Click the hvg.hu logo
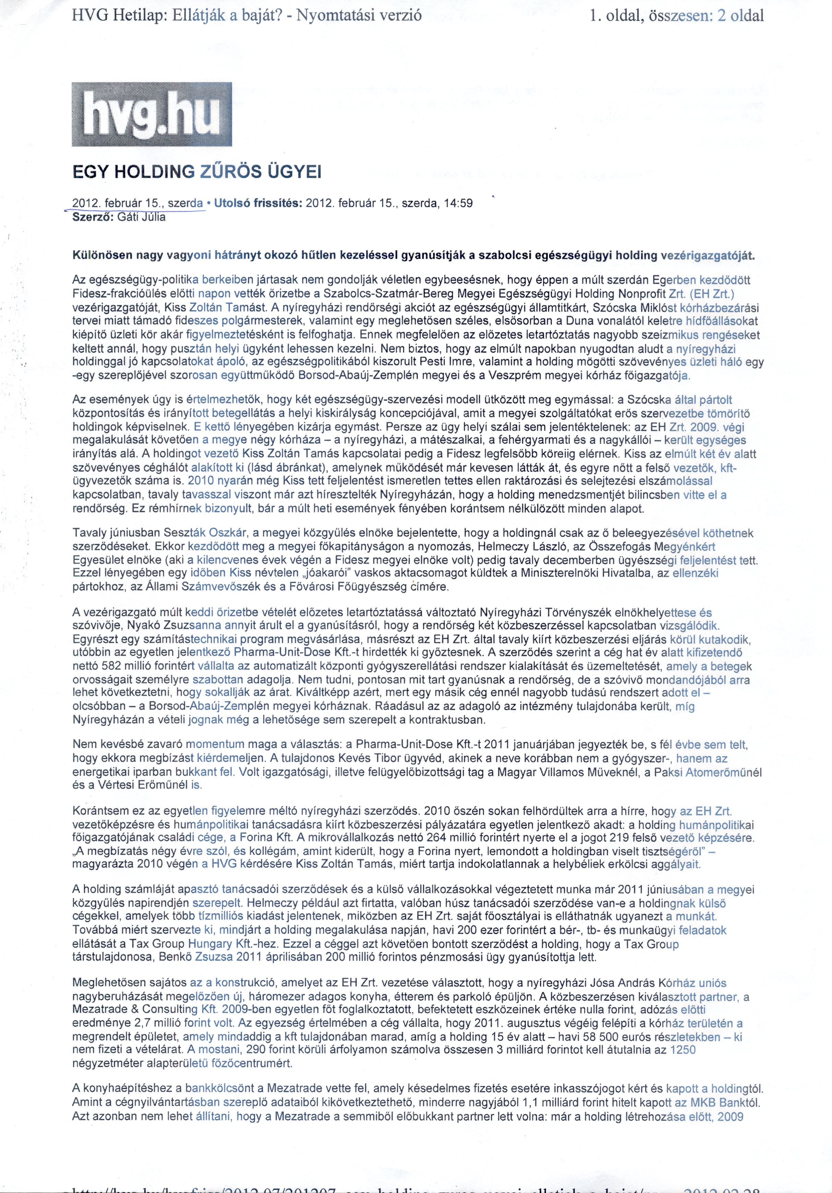[x=151, y=114]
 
